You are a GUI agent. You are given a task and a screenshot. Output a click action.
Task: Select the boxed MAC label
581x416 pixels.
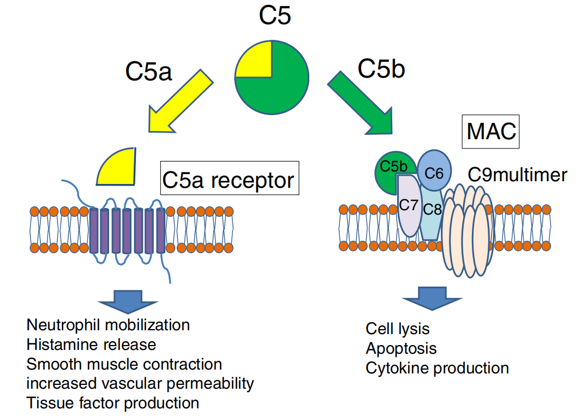pyautogui.click(x=490, y=132)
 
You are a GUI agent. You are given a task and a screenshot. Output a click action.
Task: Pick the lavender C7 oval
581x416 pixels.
pyautogui.click(x=409, y=207)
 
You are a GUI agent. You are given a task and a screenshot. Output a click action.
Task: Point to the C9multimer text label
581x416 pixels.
pyautogui.click(x=517, y=175)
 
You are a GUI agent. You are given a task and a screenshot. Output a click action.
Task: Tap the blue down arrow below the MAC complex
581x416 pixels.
pyautogui.click(x=432, y=298)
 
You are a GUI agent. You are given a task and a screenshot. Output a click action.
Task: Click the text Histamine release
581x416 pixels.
pyautogui.click(x=91, y=344)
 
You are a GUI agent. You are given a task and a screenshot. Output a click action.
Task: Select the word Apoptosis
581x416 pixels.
pyautogui.click(x=401, y=348)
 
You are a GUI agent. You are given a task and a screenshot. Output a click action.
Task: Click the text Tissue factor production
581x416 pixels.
pyautogui.click(x=112, y=403)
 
